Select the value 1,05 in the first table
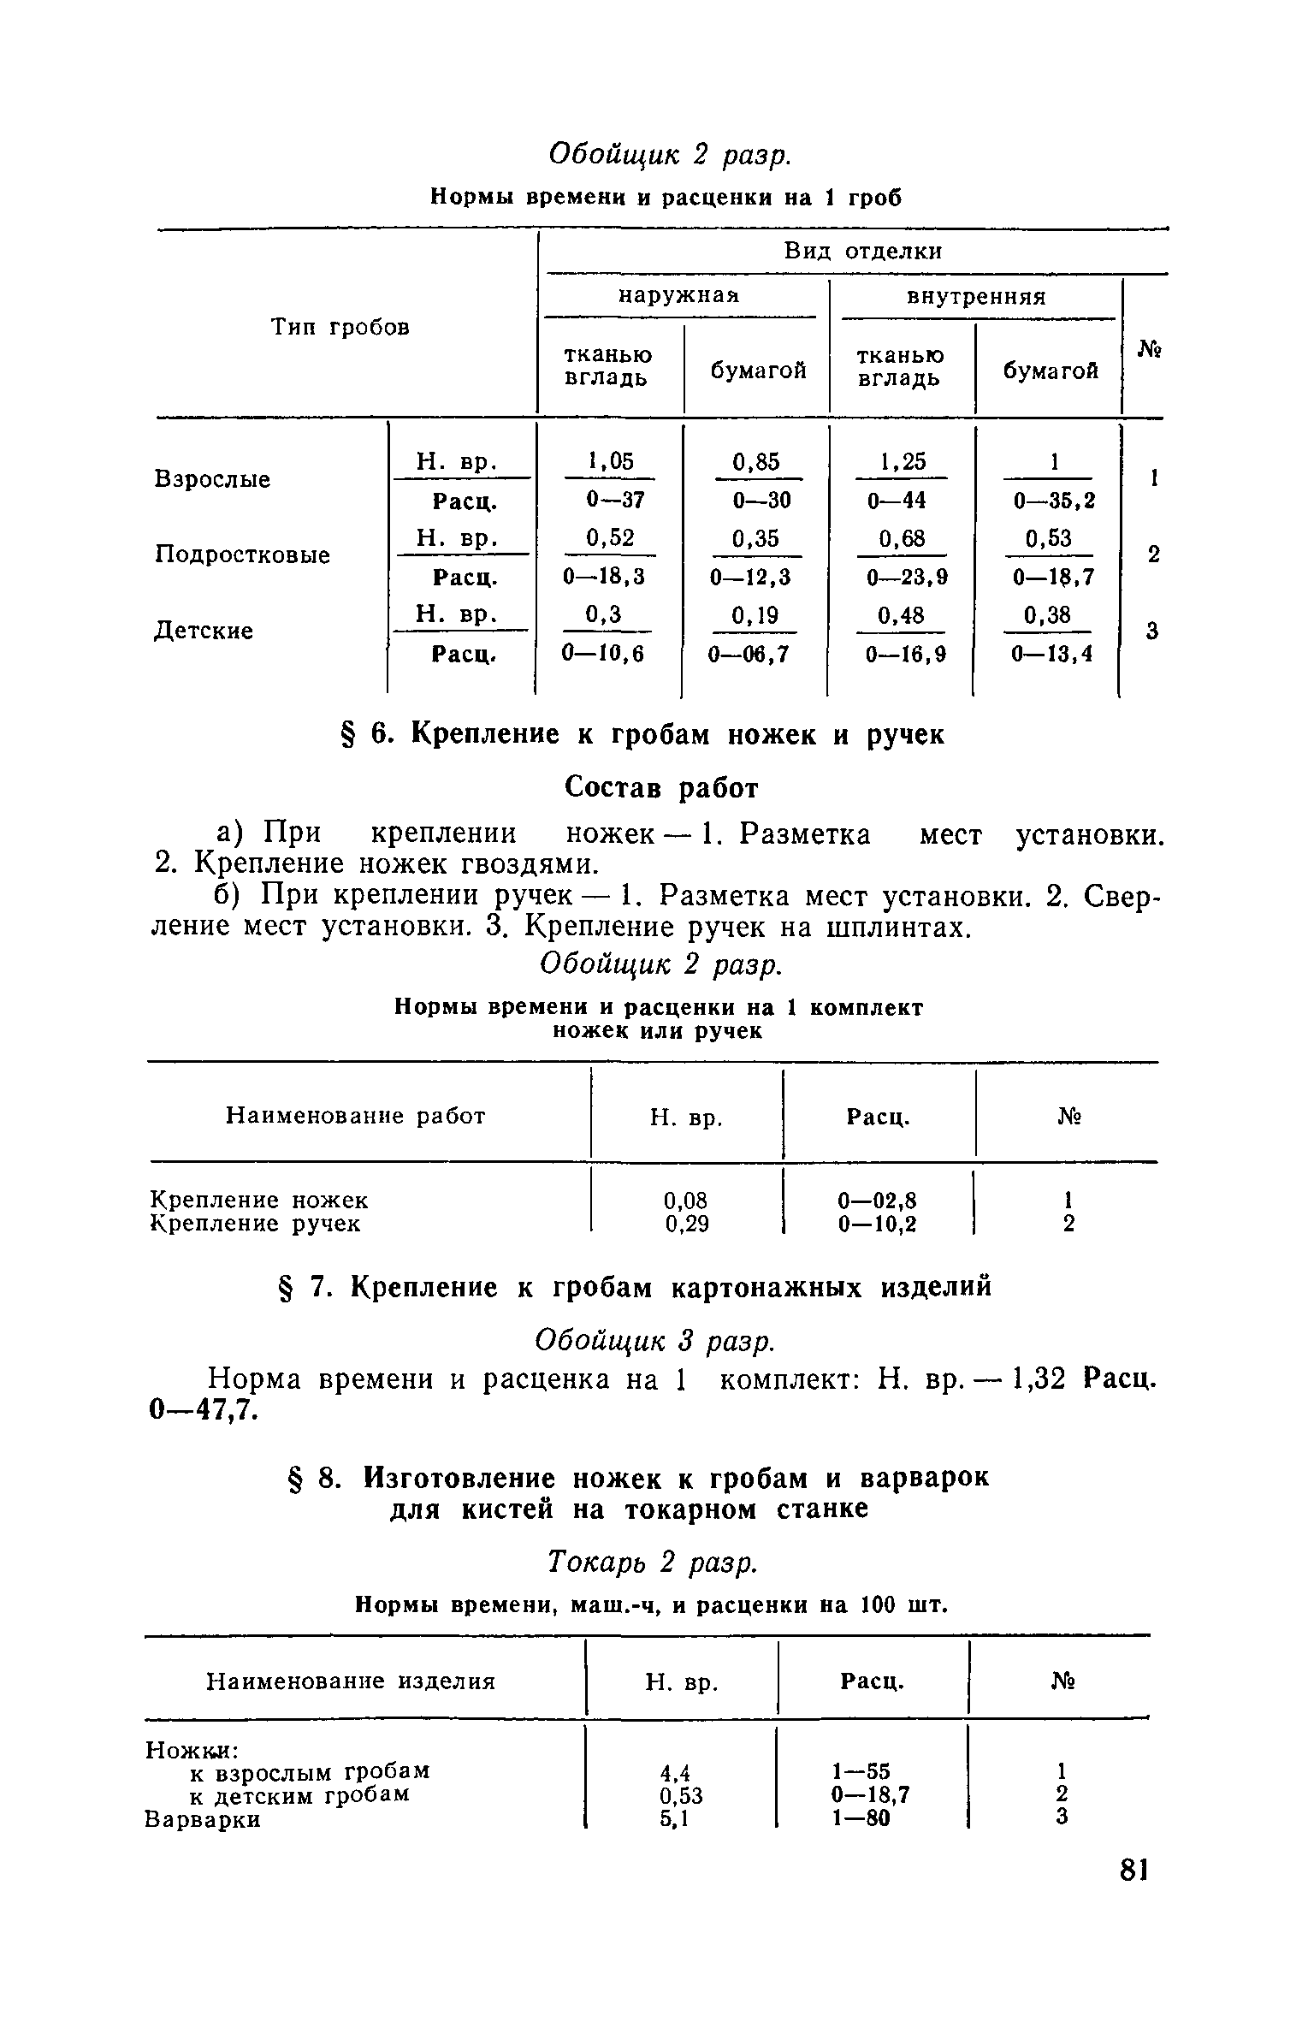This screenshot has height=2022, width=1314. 610,462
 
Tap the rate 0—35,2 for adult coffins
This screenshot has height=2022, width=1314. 1054,501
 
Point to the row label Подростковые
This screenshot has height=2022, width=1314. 242,555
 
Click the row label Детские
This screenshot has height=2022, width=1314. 204,631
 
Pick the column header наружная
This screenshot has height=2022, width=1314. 678,296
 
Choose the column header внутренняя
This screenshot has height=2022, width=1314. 976,297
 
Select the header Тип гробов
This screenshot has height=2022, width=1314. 340,327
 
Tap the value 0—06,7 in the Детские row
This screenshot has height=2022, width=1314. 748,655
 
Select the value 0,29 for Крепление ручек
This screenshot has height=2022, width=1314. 687,1224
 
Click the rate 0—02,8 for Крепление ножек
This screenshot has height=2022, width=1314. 877,1201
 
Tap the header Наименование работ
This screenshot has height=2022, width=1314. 356,1116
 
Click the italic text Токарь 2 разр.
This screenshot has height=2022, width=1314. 652,1563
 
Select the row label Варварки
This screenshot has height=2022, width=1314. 203,1819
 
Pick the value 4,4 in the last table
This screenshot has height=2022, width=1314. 675,1771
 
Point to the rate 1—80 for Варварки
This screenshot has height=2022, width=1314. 861,1819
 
